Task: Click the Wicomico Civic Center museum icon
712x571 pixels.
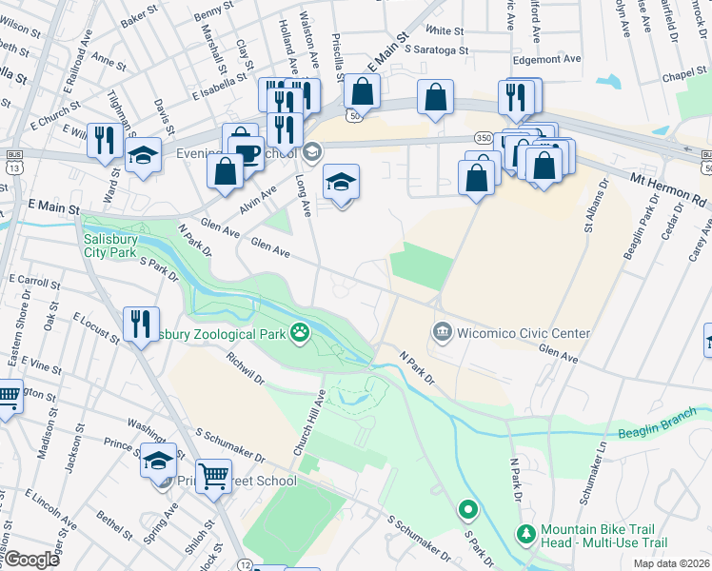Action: (x=442, y=333)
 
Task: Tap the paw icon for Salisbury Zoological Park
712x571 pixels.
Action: (x=301, y=333)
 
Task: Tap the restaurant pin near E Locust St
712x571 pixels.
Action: (x=140, y=324)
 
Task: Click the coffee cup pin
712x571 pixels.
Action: (x=247, y=151)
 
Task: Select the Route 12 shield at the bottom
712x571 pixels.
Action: (x=245, y=565)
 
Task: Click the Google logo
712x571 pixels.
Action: (x=31, y=560)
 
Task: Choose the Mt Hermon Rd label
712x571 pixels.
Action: (x=671, y=190)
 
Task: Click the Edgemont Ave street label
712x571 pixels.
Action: (x=545, y=58)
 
